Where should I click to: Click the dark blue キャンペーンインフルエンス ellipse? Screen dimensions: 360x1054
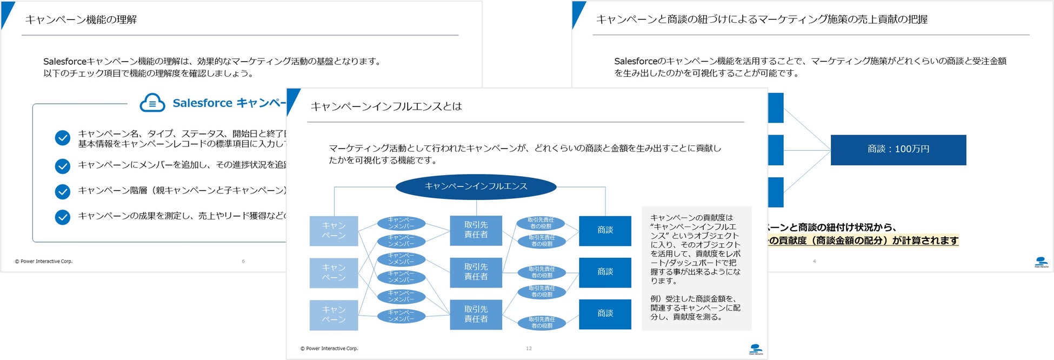pyautogui.click(x=476, y=186)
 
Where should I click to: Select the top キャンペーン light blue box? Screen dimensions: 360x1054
pyautogui.click(x=333, y=231)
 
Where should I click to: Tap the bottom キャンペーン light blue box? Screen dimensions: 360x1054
pyautogui.click(x=333, y=315)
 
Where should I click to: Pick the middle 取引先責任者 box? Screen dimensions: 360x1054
pyautogui.click(x=476, y=272)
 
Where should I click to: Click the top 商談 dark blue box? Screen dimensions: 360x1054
pyautogui.click(x=605, y=231)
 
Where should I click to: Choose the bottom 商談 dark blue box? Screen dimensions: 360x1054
pyautogui.click(x=605, y=314)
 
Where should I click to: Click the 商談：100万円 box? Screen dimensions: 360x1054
pyautogui.click(x=898, y=150)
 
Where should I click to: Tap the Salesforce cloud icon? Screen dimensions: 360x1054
pyautogui.click(x=152, y=103)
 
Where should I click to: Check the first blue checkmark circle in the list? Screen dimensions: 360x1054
pyautogui.click(x=63, y=138)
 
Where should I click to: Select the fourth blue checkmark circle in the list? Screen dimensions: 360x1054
pyautogui.click(x=63, y=217)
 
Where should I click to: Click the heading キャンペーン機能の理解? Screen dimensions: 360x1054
pyautogui.click(x=81, y=20)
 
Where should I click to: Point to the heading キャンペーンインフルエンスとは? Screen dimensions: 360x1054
pyautogui.click(x=386, y=106)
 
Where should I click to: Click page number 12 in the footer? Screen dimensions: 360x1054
pyautogui.click(x=529, y=349)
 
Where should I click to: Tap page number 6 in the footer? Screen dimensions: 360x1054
pyautogui.click(x=243, y=262)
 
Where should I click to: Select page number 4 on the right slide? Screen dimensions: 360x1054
pyautogui.click(x=814, y=262)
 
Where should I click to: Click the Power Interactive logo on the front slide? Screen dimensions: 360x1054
pyautogui.click(x=756, y=349)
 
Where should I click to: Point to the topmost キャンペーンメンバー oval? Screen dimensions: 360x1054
pyautogui.click(x=401, y=223)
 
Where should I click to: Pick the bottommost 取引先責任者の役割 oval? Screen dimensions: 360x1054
pyautogui.click(x=542, y=323)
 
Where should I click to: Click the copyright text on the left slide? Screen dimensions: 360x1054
pyautogui.click(x=44, y=262)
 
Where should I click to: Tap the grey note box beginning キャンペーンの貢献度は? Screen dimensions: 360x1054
pyautogui.click(x=696, y=268)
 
